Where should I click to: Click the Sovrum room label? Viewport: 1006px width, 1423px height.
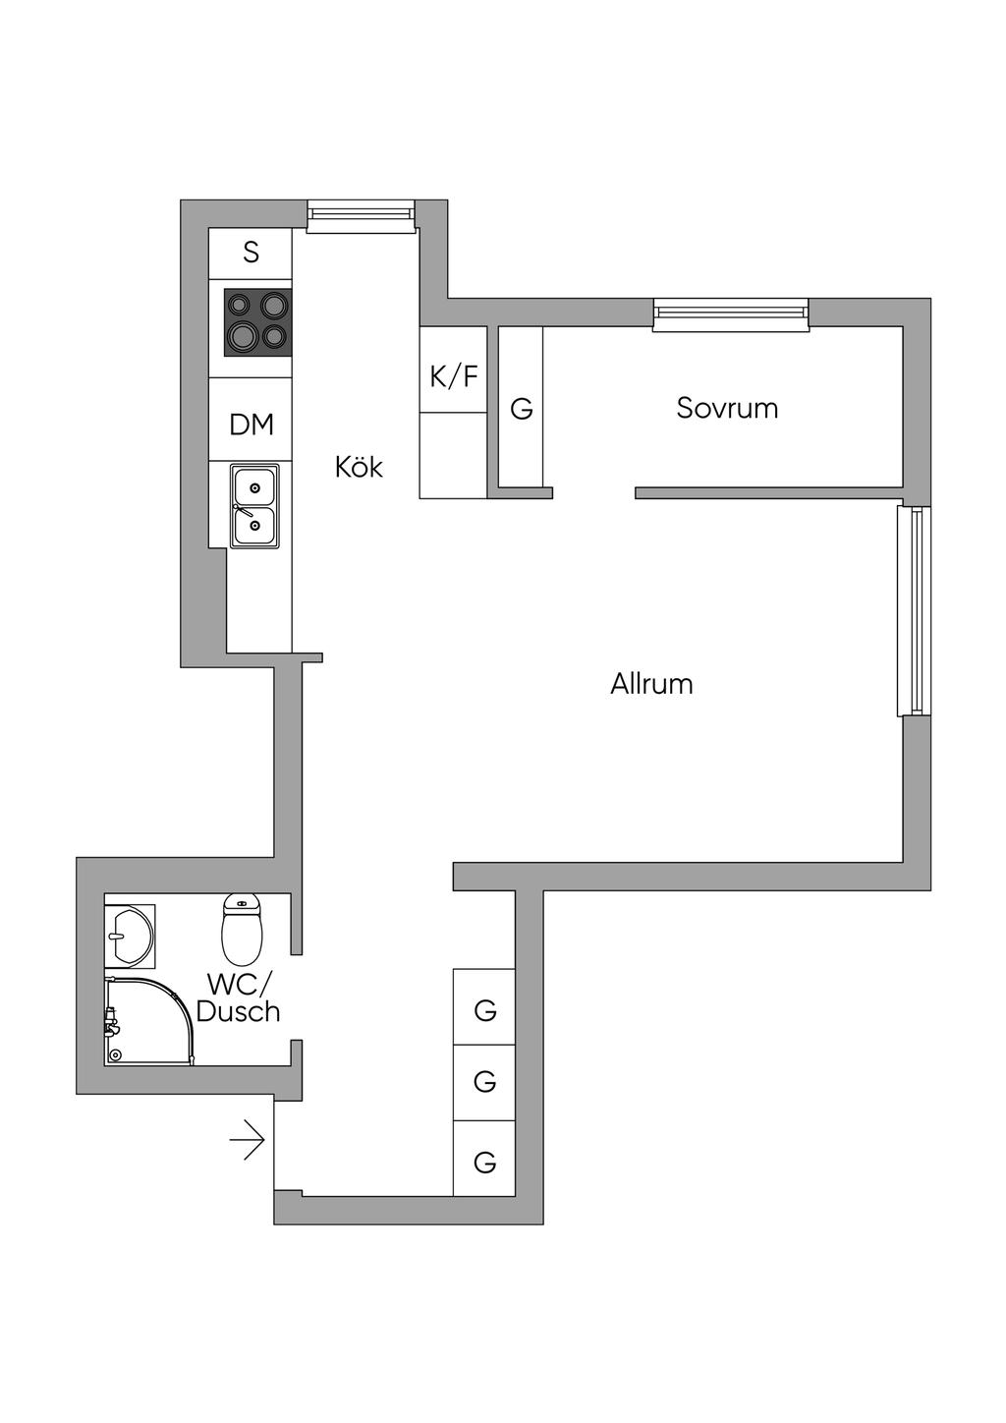tap(727, 408)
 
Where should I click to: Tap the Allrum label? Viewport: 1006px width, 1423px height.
tap(651, 683)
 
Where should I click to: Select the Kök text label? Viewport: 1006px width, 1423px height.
tap(359, 466)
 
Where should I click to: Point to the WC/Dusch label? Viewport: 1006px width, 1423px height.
tap(239, 997)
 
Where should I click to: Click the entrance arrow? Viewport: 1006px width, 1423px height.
tap(248, 1140)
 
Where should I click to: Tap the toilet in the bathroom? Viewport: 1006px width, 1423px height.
tap(243, 929)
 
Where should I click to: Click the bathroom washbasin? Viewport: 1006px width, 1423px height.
tap(129, 936)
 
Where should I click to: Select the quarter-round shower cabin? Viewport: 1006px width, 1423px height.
tap(148, 1021)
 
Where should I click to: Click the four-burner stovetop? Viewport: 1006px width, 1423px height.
tap(258, 322)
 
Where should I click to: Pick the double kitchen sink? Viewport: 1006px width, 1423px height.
tap(254, 506)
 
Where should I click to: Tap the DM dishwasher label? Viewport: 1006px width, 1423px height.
tap(251, 425)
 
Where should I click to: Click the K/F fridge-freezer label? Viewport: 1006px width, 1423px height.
tap(454, 375)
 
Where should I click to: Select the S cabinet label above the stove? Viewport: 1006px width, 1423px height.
tap(251, 253)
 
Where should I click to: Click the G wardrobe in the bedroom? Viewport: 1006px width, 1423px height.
tap(522, 408)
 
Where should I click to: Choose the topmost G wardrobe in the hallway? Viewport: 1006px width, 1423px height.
tap(484, 1009)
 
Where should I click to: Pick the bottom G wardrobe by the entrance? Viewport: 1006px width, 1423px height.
tap(484, 1162)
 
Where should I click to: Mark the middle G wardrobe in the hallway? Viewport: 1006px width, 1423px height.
tap(484, 1082)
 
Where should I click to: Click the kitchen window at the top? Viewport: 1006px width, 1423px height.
tap(360, 216)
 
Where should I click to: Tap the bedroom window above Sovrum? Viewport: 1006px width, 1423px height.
tap(731, 313)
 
